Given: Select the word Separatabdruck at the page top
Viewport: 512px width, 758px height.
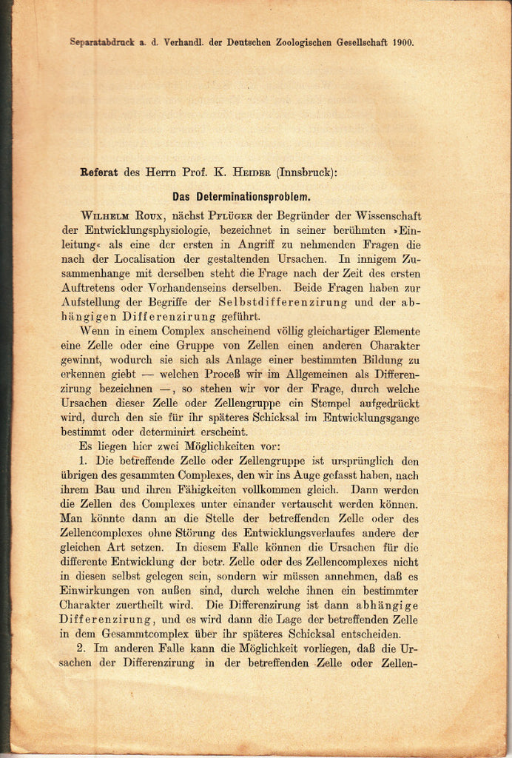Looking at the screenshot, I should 97,42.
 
